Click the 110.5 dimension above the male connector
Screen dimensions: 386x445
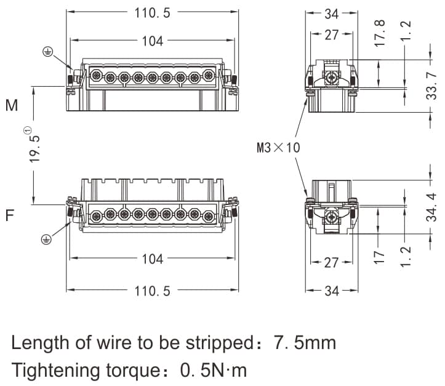[x=152, y=12]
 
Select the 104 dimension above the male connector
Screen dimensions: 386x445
[x=152, y=41]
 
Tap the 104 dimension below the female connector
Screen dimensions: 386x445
[x=152, y=259]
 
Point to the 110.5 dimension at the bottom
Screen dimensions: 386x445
[x=152, y=290]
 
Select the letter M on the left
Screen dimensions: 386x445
[x=12, y=105]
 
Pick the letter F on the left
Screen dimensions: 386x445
[x=10, y=216]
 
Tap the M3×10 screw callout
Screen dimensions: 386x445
[x=278, y=147]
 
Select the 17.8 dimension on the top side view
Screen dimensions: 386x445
[x=380, y=33]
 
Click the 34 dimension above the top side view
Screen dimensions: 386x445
[x=332, y=12]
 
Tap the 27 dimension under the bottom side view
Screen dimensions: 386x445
[x=332, y=263]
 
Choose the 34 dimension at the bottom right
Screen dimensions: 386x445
[x=332, y=290]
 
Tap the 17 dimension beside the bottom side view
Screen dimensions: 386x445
[x=380, y=255]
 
